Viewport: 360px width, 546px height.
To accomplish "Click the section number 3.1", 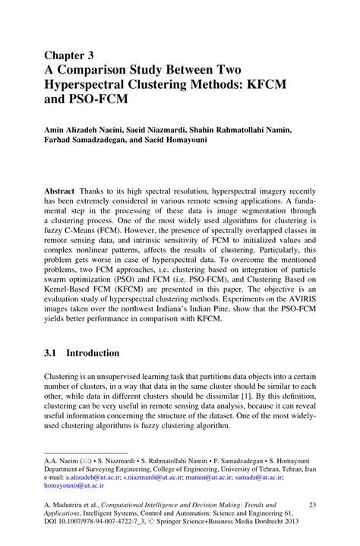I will (x=53, y=353).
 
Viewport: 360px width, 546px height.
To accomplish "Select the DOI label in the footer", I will (x=52, y=523).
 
